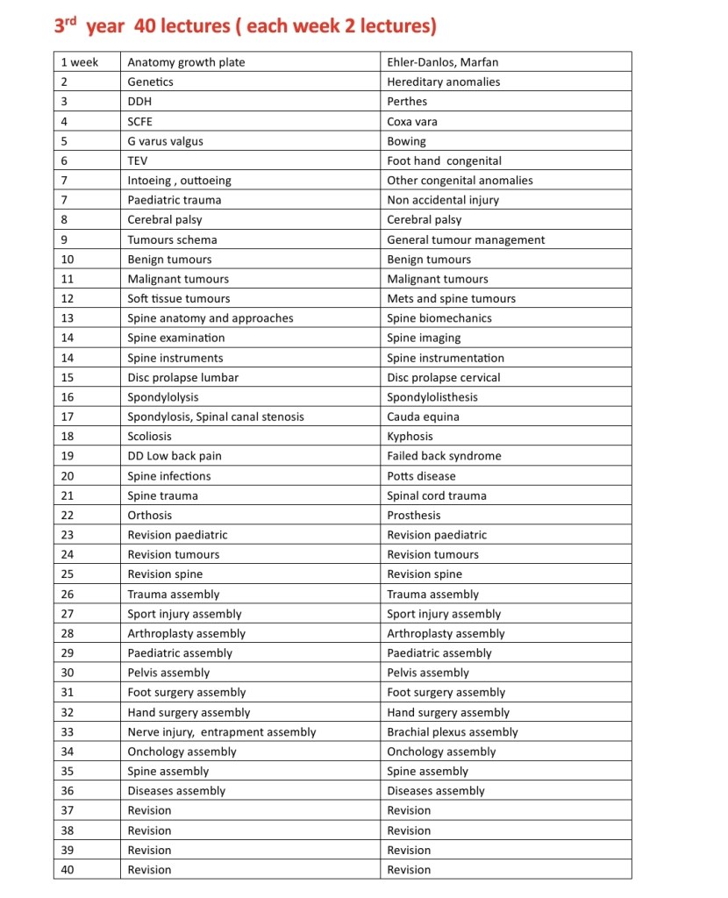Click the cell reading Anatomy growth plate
pyautogui.click(x=186, y=62)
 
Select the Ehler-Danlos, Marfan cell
pyautogui.click(x=442, y=62)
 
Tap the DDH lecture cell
pyautogui.click(x=139, y=102)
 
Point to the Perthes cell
pyautogui.click(x=407, y=102)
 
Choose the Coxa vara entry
pyautogui.click(x=411, y=121)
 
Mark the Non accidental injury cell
pyautogui.click(x=442, y=200)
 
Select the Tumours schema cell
pyautogui.click(x=172, y=239)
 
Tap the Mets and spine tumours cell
pyautogui.click(x=451, y=298)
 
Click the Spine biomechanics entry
pyautogui.click(x=439, y=318)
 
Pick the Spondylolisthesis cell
pyautogui.click(x=432, y=396)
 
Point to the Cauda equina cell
pyautogui.click(x=423, y=417)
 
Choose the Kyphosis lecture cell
pyautogui.click(x=410, y=436)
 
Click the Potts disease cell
pyautogui.click(x=421, y=475)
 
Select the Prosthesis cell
pyautogui.click(x=413, y=515)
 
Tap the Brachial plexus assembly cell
pyautogui.click(x=452, y=731)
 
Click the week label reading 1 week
pyautogui.click(x=79, y=62)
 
